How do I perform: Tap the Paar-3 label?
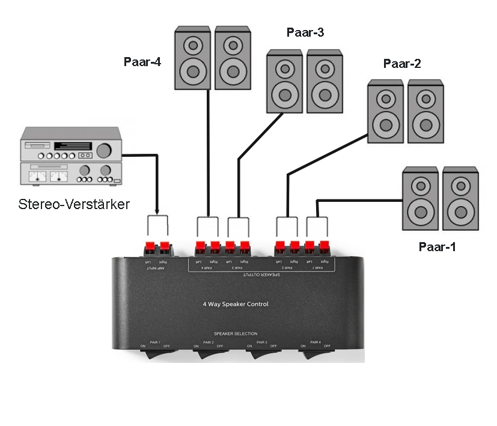(x=305, y=32)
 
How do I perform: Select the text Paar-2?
(x=402, y=64)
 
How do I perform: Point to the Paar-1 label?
(x=437, y=246)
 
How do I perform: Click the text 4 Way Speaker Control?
(x=236, y=304)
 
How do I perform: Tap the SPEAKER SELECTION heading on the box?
(x=236, y=333)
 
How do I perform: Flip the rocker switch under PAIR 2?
(x=208, y=355)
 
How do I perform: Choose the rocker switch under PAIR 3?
(x=262, y=355)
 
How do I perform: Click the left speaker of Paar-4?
(x=192, y=58)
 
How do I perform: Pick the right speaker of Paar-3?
(x=325, y=81)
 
